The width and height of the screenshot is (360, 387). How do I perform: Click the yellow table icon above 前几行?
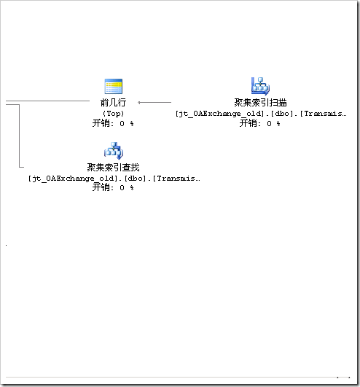(x=114, y=86)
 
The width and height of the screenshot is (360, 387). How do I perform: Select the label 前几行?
(x=113, y=103)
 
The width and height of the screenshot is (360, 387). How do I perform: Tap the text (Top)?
(x=113, y=114)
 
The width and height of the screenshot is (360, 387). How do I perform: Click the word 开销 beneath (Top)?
(x=101, y=123)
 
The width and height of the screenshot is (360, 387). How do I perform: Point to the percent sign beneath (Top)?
(x=132, y=124)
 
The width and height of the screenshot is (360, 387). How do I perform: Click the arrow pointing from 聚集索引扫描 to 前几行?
(x=154, y=103)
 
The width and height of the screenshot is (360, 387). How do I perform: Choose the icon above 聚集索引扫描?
(x=260, y=86)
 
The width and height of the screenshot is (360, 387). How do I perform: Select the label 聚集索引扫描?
(x=261, y=103)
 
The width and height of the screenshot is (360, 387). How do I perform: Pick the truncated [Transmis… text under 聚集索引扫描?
(x=324, y=114)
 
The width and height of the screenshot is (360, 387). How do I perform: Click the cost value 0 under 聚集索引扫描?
(x=269, y=124)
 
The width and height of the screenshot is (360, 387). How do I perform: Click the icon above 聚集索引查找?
(x=114, y=151)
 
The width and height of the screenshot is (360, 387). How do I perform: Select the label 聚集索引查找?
(x=113, y=168)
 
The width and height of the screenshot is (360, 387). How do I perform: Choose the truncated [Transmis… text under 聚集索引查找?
(x=176, y=179)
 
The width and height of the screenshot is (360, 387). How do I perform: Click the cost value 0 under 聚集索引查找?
(x=122, y=188)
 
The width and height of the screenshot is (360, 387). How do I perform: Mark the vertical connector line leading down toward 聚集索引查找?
(x=19, y=136)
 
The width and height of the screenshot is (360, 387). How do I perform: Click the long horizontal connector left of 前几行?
(x=47, y=101)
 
